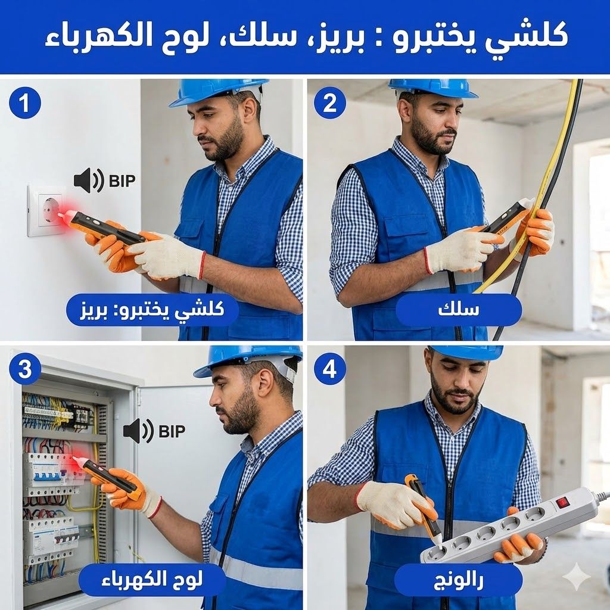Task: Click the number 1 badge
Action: click(25, 102)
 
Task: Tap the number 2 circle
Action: click(330, 102)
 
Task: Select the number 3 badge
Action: click(25, 369)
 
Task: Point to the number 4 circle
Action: click(330, 369)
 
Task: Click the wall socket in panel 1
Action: click(46, 210)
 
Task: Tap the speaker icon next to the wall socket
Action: click(89, 180)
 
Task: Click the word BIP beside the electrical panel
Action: click(172, 431)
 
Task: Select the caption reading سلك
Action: click(458, 310)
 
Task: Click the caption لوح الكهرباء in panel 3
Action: click(152, 580)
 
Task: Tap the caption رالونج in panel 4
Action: click(458, 580)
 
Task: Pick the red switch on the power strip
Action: click(562, 502)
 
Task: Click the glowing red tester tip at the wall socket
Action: click(62, 215)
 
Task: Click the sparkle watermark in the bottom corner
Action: click(577, 577)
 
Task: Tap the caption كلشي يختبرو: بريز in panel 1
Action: click(152, 310)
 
